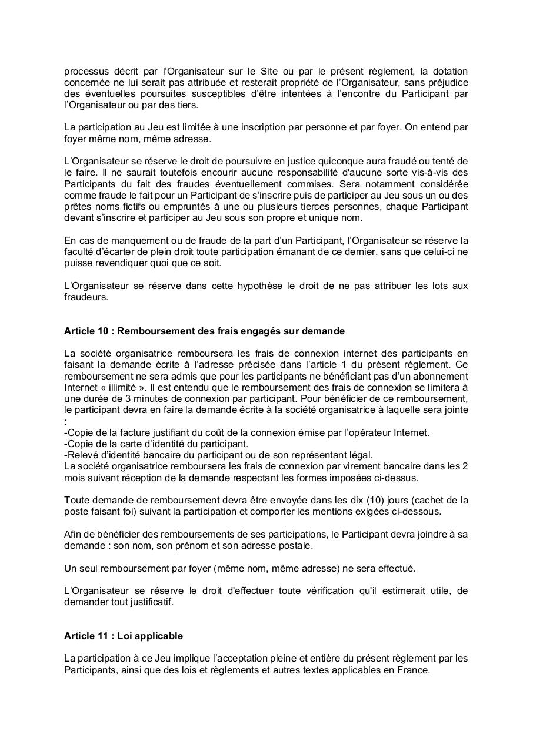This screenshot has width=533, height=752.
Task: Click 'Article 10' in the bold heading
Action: coord(88,331)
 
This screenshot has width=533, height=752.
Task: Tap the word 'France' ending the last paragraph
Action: coord(414,670)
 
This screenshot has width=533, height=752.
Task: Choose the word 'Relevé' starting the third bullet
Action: coord(81,455)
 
